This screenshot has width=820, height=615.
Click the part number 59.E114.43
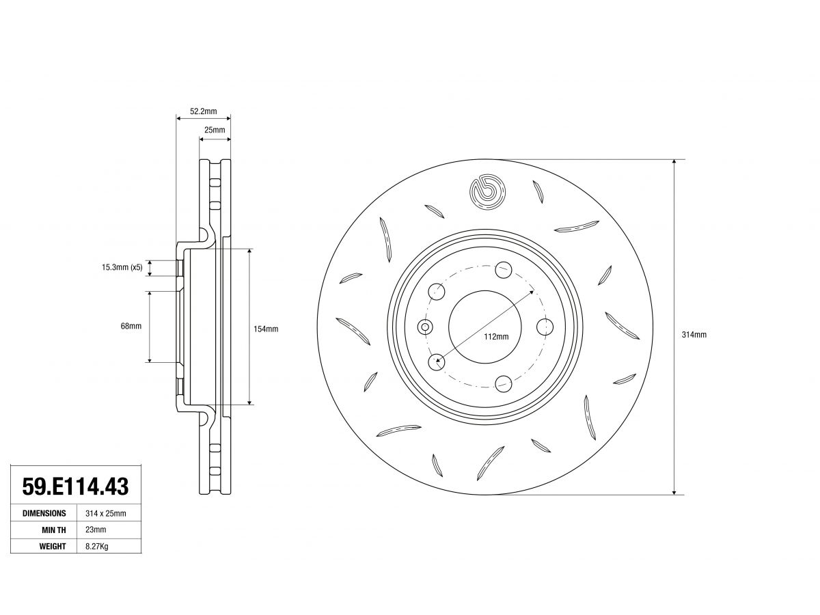pos(75,486)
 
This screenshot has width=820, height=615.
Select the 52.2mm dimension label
pos(203,111)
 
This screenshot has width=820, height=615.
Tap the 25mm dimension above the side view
pos(215,130)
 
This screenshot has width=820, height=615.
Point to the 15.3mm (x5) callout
pos(122,267)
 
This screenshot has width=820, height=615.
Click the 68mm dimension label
pos(131,326)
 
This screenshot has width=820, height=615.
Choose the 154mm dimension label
pos(266,329)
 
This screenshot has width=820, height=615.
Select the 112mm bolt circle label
pos(496,337)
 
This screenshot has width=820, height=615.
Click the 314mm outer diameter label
pos(694,335)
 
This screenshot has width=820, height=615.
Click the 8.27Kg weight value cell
pos(97,547)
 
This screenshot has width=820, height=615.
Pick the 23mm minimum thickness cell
pos(96,530)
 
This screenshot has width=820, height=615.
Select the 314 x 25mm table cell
pos(106,513)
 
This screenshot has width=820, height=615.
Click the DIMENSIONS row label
pos(44,513)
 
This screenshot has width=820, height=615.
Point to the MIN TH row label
pos(54,530)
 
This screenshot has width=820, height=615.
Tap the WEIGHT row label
pos(53,547)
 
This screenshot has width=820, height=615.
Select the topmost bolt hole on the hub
pos(503,270)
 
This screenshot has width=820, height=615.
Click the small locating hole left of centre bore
pos(425,327)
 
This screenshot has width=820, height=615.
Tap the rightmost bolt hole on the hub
pos(545,327)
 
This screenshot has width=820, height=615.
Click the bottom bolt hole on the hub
pos(503,384)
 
